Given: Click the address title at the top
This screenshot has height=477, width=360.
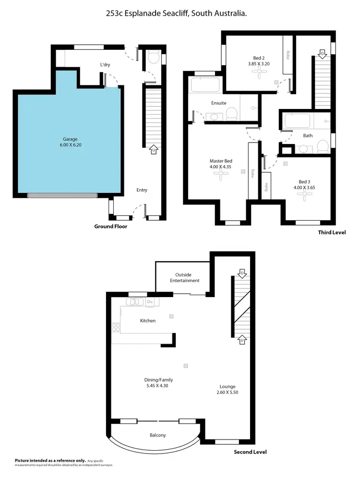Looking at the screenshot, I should coord(177,14).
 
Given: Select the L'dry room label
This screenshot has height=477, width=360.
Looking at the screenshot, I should coord(107,65).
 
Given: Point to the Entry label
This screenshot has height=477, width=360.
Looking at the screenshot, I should coord(142,190).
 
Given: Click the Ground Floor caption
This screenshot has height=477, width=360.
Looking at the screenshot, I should coord(110,227).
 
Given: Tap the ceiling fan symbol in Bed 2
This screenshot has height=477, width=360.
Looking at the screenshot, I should coord(260,72).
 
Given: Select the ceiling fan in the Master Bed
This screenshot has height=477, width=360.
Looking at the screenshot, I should coord(221,176).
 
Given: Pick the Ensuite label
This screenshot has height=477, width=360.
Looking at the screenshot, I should coord(219,103).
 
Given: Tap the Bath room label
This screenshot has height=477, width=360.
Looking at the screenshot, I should coord(308,136).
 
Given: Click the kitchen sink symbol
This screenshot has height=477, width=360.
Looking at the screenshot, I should coord(135,302).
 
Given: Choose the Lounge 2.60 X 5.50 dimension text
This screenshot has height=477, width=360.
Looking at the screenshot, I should coord(228,390).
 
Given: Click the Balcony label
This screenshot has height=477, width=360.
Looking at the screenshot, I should coord(157,435).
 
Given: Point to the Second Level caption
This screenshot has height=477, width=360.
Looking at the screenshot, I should coord(250,452).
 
